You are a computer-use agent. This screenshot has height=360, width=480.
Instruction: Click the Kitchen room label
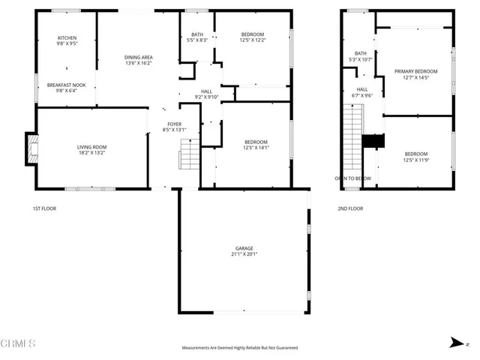coord(67,38)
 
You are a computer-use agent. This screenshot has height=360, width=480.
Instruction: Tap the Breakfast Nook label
coord(67,85)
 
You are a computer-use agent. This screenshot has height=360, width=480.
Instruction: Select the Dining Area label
coord(138,58)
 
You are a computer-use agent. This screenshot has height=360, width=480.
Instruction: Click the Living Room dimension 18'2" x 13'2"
coord(92,152)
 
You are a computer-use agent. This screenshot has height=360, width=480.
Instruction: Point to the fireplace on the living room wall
coord(31,148)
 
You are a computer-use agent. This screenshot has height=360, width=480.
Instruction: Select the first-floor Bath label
coord(196,34)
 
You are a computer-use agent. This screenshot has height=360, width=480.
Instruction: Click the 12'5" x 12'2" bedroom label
coord(251,34)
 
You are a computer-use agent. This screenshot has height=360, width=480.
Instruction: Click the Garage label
coord(244,248)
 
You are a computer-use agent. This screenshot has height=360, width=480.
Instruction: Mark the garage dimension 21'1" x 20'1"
coord(244,254)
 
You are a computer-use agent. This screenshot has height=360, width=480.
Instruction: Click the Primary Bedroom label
coord(416,71)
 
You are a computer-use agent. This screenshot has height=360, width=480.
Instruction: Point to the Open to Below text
coord(352,178)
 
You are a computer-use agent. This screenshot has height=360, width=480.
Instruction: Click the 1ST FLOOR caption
coord(44,208)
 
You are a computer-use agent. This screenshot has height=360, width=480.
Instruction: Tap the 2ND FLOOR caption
coord(351,208)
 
